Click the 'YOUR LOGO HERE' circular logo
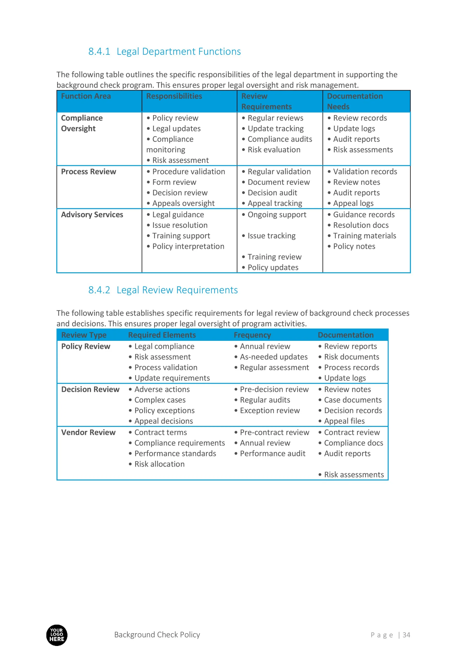[x=57, y=635]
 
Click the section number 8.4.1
[x=99, y=52]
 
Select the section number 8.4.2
[x=99, y=290]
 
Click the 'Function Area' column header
[x=86, y=96]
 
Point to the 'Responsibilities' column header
[x=174, y=96]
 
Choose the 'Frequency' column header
[x=252, y=335]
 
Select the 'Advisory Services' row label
[x=92, y=215]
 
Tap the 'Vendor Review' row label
[x=88, y=432]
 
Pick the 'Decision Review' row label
[x=90, y=389]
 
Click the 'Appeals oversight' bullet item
[x=183, y=204]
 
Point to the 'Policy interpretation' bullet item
[x=188, y=246]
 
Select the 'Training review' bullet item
[x=274, y=257]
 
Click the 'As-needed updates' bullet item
[x=274, y=357]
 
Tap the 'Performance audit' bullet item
[x=272, y=454]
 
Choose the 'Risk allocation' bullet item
[x=159, y=464]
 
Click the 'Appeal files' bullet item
[x=344, y=421]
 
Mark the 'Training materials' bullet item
[x=364, y=236]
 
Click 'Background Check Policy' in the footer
[x=157, y=635]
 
